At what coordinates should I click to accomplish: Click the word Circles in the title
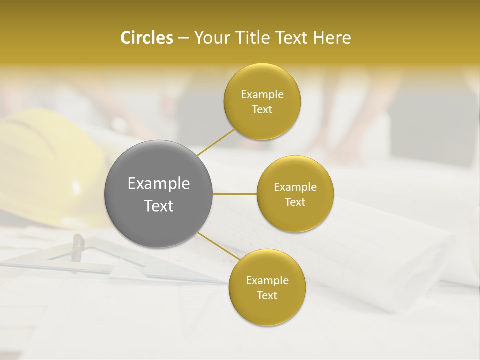pyautogui.click(x=146, y=38)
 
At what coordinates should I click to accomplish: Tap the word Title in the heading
pyautogui.click(x=249, y=38)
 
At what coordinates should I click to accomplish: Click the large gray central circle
pyautogui.click(x=159, y=194)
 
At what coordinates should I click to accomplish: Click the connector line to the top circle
pyautogui.click(x=216, y=142)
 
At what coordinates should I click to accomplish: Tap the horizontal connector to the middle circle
pyautogui.click(x=234, y=194)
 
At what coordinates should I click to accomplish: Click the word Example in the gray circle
pyautogui.click(x=159, y=184)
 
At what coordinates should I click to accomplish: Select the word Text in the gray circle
pyautogui.click(x=159, y=206)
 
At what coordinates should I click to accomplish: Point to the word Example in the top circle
pyautogui.click(x=262, y=95)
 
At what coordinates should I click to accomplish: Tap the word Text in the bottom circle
pyautogui.click(x=267, y=295)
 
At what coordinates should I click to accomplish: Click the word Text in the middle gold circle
pyautogui.click(x=295, y=202)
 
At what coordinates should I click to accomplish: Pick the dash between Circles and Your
pyautogui.click(x=183, y=38)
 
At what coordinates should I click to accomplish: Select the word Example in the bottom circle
pyautogui.click(x=267, y=281)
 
